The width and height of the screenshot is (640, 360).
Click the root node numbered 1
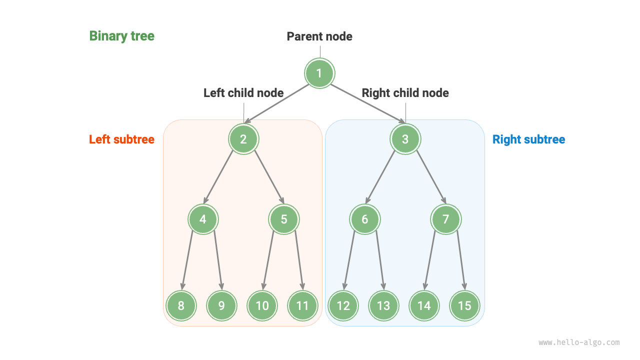click(319, 73)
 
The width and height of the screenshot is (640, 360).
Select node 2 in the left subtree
click(243, 139)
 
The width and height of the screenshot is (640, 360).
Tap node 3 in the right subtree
click(405, 139)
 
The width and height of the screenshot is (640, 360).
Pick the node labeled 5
click(284, 219)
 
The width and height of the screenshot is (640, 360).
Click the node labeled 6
click(364, 219)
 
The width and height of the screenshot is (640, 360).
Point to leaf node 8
click(181, 305)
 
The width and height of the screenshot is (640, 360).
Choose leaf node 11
click(302, 305)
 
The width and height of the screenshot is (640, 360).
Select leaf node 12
click(343, 305)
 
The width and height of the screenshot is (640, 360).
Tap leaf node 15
click(464, 305)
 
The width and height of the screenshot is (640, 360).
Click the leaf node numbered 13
click(383, 305)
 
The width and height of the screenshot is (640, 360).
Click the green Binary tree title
click(121, 36)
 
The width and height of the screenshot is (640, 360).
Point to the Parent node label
click(319, 36)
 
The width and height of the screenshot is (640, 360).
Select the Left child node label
click(243, 93)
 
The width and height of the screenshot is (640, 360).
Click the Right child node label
click(405, 93)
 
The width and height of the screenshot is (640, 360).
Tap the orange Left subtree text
click(121, 139)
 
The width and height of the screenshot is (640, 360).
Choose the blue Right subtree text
click(528, 139)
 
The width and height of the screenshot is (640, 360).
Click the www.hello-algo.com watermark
click(579, 342)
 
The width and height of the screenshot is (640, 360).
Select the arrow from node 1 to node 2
click(278, 103)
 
